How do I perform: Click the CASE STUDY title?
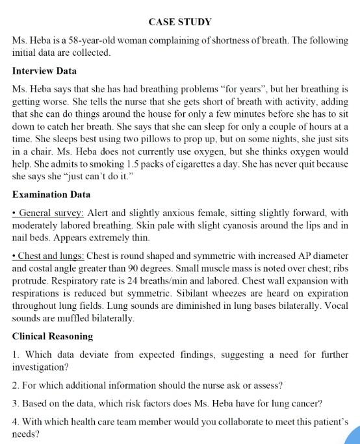tap(180, 22)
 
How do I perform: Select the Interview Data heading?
tap(44, 70)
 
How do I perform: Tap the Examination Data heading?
tap(51, 194)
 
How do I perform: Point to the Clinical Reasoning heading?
tap(53, 336)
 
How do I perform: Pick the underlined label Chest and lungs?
tap(51, 254)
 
